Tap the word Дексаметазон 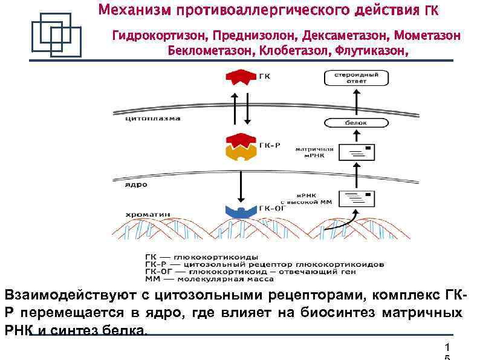[x=340, y=36]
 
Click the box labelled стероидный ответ [x=356, y=78]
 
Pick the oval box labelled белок [x=356, y=123]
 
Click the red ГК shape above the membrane [x=239, y=77]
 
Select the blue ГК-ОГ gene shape [x=241, y=211]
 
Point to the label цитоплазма [x=152, y=119]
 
